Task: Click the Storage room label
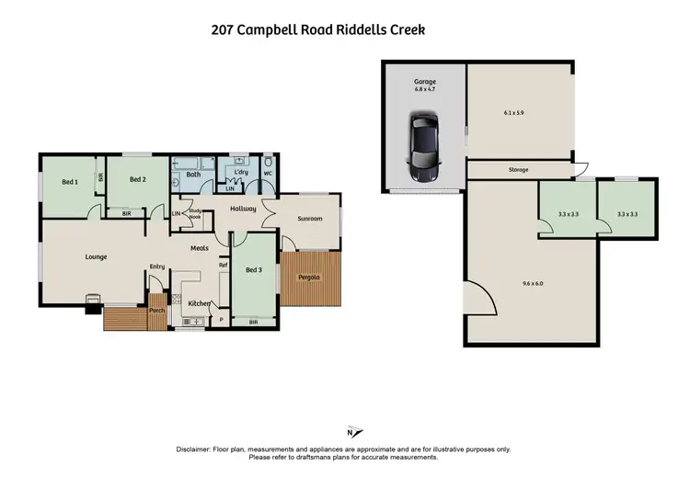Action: pos(519,170)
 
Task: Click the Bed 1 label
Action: pos(70,181)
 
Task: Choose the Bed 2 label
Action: pos(137,179)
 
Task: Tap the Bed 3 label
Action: pos(255,269)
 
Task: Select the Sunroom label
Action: pos(309,220)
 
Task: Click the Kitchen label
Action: pos(200,303)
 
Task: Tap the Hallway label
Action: pos(243,210)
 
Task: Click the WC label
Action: pos(268,173)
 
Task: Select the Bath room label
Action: pos(193,174)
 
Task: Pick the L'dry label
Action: pos(242,173)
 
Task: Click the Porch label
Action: pos(156,311)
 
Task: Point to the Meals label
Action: pos(199,248)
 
